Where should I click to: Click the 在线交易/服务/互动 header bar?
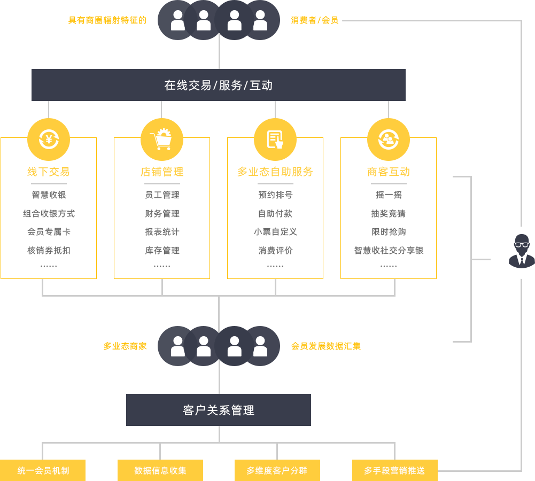[x=218, y=85]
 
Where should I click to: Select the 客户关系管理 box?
[x=218, y=410]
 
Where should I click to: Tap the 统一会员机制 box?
[x=43, y=470]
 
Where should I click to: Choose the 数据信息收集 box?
[x=160, y=470]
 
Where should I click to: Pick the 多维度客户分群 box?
[x=277, y=470]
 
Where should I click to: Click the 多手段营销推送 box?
[x=394, y=470]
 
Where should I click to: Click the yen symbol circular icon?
[x=49, y=139]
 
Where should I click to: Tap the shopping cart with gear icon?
[x=161, y=139]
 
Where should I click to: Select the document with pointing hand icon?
[x=275, y=139]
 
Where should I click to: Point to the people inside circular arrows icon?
[x=389, y=139]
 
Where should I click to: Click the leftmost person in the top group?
[x=178, y=20]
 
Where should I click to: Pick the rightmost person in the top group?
[x=260, y=20]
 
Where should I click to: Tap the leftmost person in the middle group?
[x=178, y=346]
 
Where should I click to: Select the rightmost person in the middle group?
[x=260, y=346]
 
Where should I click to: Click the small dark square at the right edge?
[x=522, y=251]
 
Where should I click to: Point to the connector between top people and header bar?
[x=219, y=54]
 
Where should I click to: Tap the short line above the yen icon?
[x=49, y=110]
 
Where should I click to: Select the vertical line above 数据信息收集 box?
[x=160, y=451]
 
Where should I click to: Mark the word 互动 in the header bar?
[x=261, y=85]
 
